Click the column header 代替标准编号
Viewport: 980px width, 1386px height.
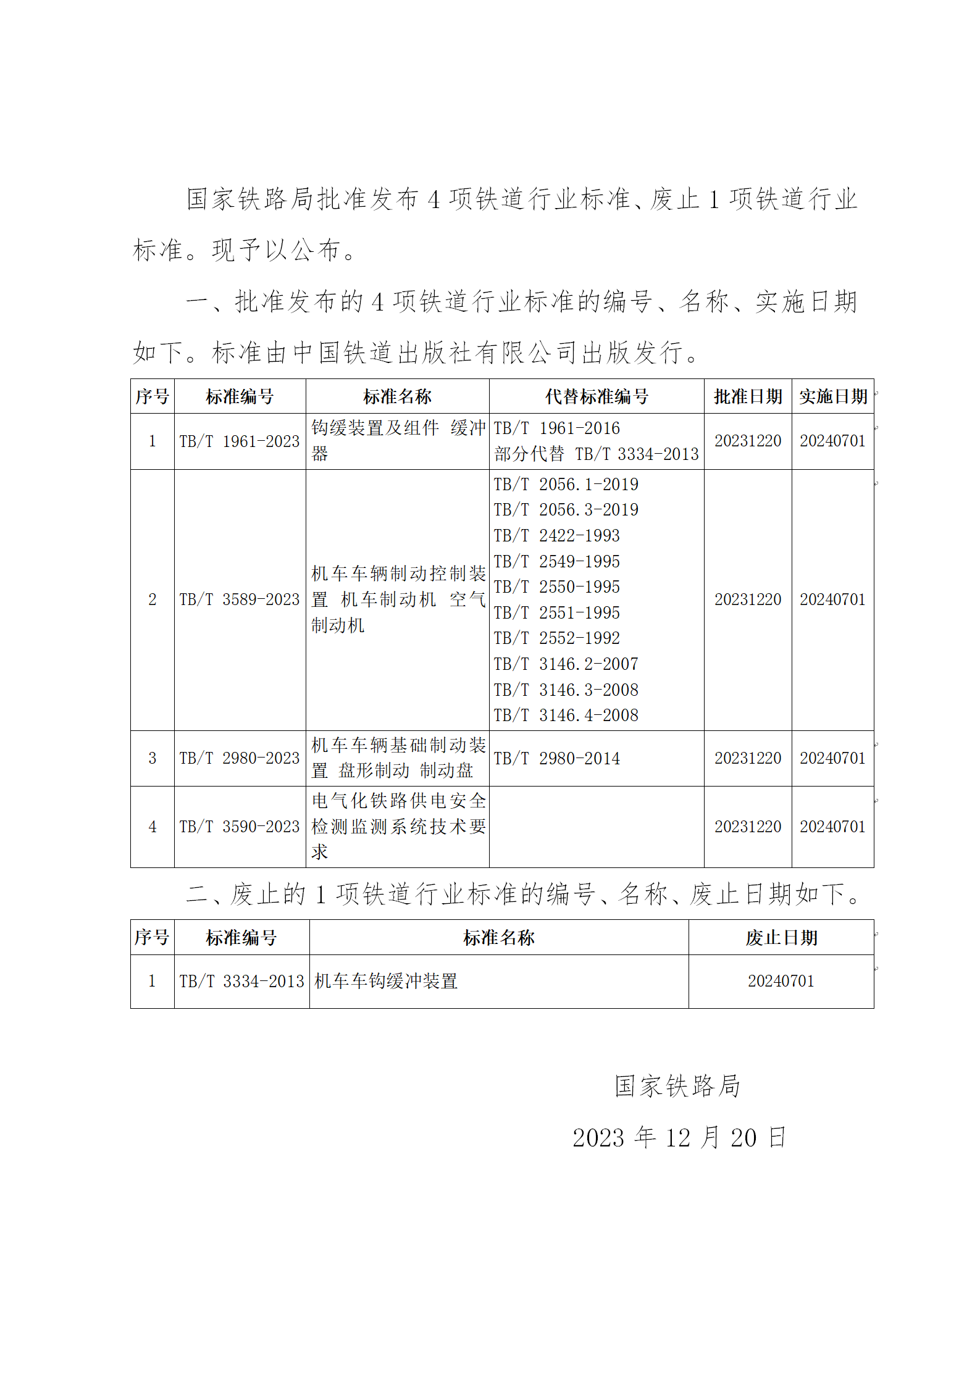point(596,396)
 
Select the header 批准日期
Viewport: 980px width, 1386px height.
point(747,396)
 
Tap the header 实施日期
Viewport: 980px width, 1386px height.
point(832,396)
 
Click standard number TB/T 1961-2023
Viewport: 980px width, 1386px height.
point(240,441)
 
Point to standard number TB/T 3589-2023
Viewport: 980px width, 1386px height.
point(240,599)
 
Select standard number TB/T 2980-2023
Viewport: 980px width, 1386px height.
point(240,758)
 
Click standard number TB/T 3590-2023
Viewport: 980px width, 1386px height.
point(240,827)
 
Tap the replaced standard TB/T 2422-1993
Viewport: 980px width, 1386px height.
point(556,535)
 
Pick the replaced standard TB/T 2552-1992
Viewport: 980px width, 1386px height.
point(556,638)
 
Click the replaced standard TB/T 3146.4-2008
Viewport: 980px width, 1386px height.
point(566,715)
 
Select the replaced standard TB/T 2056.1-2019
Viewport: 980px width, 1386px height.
point(566,484)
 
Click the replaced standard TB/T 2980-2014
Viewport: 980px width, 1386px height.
point(556,758)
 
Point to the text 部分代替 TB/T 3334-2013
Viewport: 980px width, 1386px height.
point(596,454)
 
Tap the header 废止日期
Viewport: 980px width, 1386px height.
point(781,938)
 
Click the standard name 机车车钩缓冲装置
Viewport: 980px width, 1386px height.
point(386,981)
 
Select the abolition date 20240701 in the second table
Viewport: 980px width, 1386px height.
point(781,981)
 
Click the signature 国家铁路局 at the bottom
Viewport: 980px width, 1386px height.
point(677,1086)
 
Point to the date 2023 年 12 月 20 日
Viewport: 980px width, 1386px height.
point(679,1137)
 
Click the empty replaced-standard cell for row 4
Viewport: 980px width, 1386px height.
point(596,827)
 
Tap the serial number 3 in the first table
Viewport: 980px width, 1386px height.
point(152,758)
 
